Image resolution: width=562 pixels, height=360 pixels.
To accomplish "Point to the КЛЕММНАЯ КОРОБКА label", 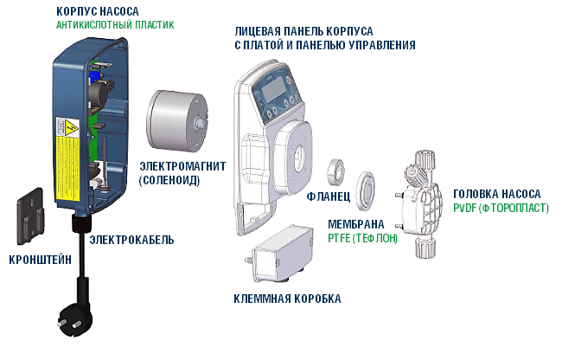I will pos(287,299).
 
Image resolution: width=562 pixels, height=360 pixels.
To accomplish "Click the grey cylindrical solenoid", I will pos(174,119).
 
